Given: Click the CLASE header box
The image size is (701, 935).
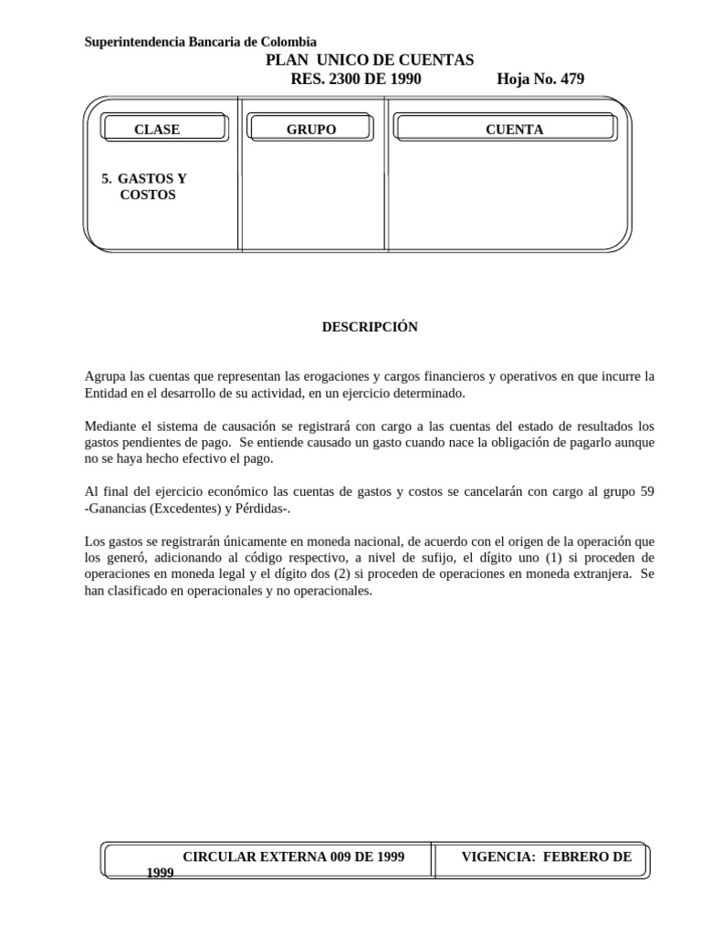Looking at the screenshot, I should coord(157,130).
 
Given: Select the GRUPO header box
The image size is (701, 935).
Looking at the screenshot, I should coord(311,130).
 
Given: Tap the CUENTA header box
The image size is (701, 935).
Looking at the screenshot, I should coord(514,130).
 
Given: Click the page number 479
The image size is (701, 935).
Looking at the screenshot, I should coord(572,79).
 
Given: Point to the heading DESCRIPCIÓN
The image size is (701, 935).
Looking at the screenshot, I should coord(369,327).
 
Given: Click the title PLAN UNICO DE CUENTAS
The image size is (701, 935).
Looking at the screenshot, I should coord(369,60).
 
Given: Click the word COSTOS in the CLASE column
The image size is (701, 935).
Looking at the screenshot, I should coord(148,195).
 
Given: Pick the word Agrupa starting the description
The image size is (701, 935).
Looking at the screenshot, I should coord(105,376).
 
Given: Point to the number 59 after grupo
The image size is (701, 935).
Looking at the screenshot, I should coord(646,491).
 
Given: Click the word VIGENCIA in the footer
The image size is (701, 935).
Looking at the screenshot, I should coord(498,856).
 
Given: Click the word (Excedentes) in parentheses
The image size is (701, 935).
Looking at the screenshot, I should coord(179,508).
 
